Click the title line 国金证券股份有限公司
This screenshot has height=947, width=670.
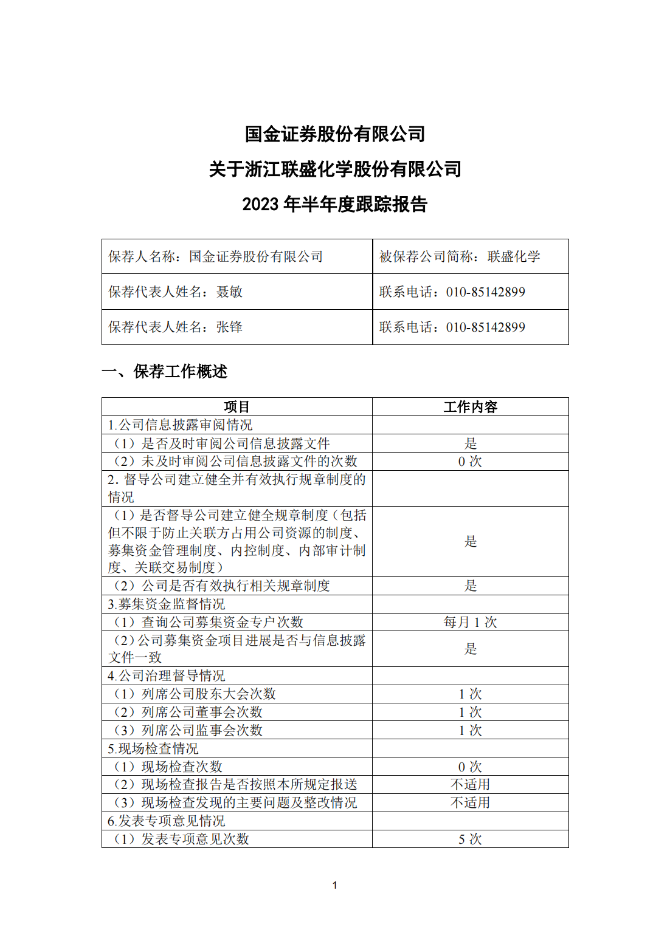point(334,134)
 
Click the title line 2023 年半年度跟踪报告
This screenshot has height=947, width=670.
point(334,204)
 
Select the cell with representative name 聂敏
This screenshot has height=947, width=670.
point(237,292)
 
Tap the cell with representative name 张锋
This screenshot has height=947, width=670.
point(237,327)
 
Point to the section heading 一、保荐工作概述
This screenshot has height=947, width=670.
point(164,372)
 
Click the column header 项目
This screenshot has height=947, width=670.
point(237,407)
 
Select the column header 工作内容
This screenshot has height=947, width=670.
point(470,407)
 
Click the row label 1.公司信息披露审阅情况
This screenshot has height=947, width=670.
point(180,425)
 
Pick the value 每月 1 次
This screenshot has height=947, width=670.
point(470,622)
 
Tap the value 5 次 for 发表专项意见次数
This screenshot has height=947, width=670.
point(470,839)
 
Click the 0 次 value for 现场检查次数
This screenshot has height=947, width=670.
point(470,767)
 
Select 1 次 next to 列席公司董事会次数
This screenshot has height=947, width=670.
point(470,712)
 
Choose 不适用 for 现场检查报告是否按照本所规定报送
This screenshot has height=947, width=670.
point(470,785)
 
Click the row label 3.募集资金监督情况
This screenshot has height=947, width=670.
point(167,604)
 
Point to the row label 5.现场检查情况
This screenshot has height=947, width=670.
point(153,749)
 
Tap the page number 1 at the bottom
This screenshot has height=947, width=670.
point(334,886)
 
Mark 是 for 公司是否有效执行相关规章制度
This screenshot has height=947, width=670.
point(470,586)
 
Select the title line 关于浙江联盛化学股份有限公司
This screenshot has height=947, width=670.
point(334,169)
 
